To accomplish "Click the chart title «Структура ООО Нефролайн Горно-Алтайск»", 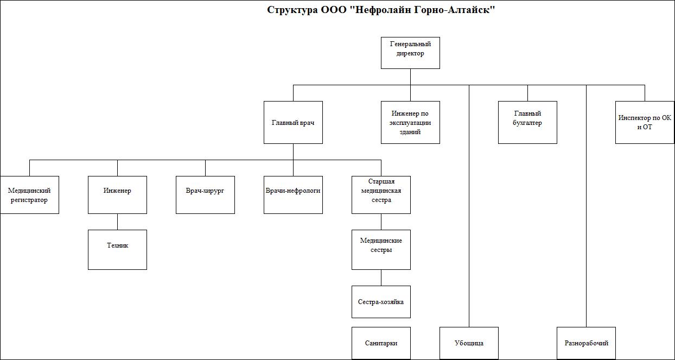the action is click(x=381, y=10).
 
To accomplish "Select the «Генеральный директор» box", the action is click(x=410, y=53).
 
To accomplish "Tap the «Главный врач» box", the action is click(x=293, y=122).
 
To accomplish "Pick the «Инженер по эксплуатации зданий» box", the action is click(x=410, y=122).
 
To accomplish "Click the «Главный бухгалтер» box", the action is click(x=527, y=122).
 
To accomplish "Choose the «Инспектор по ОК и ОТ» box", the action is click(x=645, y=122).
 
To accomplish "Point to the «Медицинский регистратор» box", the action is click(x=29, y=195).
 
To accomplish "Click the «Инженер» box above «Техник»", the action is click(x=118, y=195).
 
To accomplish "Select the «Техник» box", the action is click(x=118, y=250).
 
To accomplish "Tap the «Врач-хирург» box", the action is click(x=205, y=195).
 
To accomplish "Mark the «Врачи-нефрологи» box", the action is click(x=293, y=195).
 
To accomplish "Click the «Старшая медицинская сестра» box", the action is click(x=381, y=195).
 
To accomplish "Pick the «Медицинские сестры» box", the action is click(x=381, y=250).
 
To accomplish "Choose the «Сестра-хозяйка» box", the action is click(x=381, y=302).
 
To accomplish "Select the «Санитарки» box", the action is click(x=381, y=343).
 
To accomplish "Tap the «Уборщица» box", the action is click(x=469, y=343).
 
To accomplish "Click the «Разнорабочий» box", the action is click(x=586, y=343).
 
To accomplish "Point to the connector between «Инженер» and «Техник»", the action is click(x=118, y=222).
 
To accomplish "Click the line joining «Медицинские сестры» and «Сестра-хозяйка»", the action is click(x=381, y=277).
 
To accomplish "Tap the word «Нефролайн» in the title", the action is click(x=382, y=10).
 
